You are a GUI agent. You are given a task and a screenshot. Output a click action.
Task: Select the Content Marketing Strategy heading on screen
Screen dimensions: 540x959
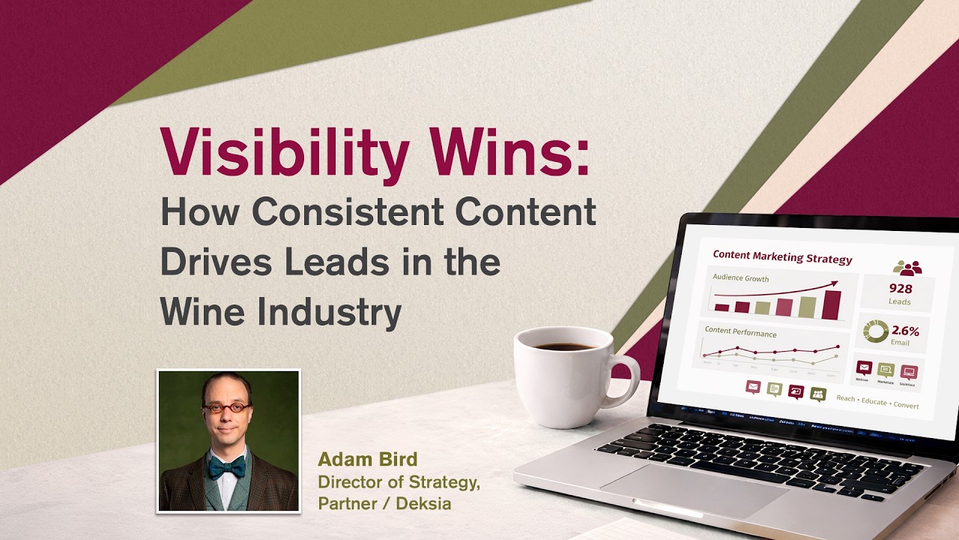point(782,258)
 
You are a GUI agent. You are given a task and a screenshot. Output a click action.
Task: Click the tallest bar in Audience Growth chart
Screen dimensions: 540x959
point(832,304)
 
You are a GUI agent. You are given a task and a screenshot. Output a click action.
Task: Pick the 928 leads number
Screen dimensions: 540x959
point(900,289)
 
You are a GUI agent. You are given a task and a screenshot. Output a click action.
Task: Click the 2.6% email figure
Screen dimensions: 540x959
point(905,331)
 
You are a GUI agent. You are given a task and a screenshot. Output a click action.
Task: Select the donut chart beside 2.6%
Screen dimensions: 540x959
point(875,331)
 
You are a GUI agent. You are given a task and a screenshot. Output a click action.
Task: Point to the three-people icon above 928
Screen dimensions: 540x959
point(907,268)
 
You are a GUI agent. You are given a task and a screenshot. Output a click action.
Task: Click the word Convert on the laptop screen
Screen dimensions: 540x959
point(907,405)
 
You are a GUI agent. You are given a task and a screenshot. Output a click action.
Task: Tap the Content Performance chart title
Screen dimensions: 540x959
point(740,333)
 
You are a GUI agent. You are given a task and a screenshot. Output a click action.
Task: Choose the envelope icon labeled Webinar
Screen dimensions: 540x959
point(864,368)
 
